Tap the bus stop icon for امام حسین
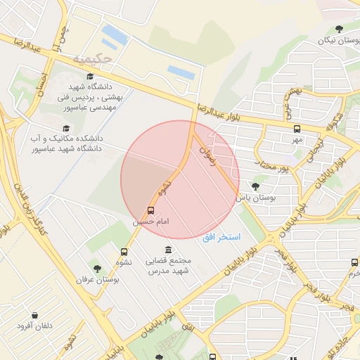coord(150,210)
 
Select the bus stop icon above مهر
coord(297,129)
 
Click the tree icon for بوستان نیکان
coord(340,29)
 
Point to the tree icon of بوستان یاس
coord(255,186)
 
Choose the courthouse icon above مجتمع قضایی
coord(168,250)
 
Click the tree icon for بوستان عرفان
coord(97,269)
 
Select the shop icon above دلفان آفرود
coord(34,316)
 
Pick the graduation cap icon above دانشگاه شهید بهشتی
coord(90,77)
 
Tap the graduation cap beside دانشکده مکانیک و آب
coord(66,128)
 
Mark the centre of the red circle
coord(180,180)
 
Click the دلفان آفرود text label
coord(34,328)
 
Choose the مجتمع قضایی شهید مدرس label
coord(169,266)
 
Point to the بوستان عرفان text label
coord(98,280)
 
